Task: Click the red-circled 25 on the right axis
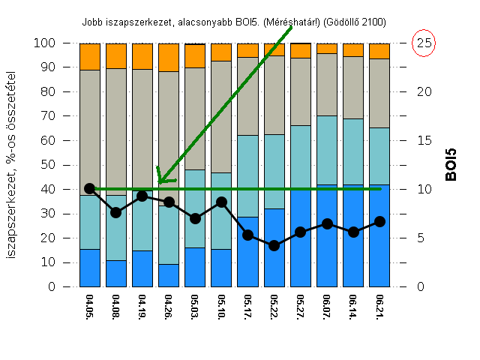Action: point(424,43)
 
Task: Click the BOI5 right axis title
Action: point(451,165)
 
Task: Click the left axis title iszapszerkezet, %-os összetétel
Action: point(13,165)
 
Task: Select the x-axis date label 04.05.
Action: point(90,307)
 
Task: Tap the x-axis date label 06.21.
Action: point(380,307)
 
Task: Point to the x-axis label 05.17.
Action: point(248,307)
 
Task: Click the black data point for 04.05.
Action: point(90,188)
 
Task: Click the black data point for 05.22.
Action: point(274,245)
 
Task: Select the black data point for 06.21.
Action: point(380,221)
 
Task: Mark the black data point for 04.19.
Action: point(142,196)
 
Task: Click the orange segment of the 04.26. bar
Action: point(169,57)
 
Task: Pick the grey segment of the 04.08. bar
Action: point(116,131)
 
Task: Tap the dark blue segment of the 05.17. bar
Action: point(248,251)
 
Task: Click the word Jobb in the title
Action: point(93,23)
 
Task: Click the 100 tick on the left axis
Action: point(44,43)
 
